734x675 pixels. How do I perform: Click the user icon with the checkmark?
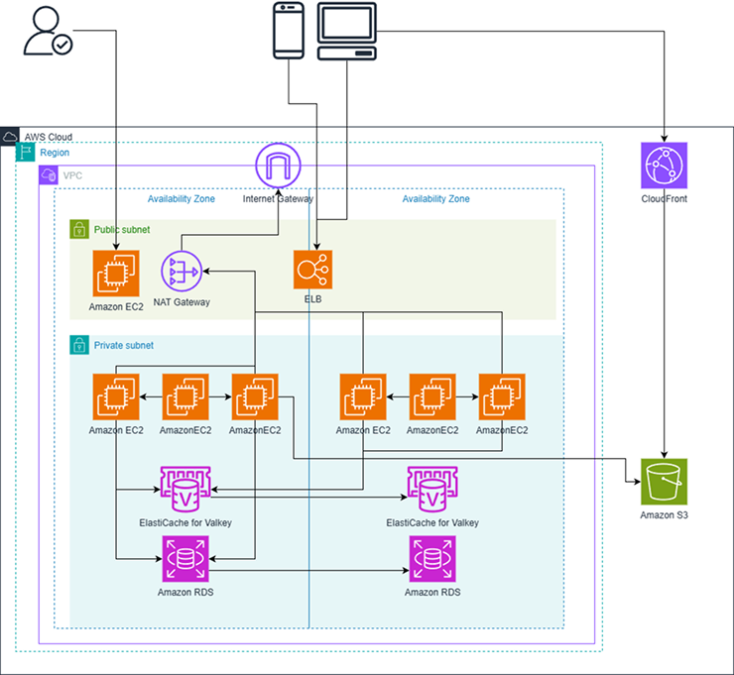47,32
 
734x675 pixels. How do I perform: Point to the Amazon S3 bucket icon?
665,483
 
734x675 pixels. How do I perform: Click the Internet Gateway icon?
279,167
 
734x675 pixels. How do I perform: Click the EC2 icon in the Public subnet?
116,274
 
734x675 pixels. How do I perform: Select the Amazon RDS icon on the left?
185,560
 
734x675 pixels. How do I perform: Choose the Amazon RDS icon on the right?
432,560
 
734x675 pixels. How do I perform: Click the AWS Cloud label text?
48,137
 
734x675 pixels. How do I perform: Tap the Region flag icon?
26,153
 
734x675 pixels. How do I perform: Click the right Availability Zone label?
435,199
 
